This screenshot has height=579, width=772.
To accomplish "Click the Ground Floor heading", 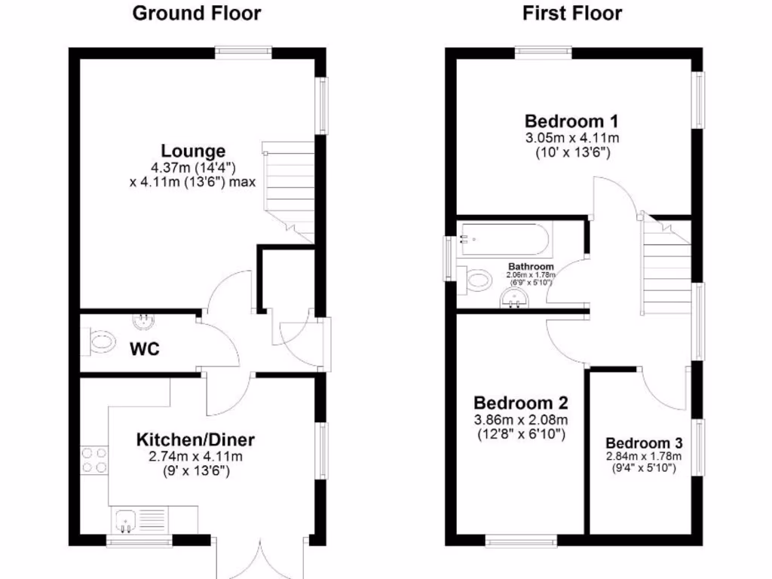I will [x=197, y=14].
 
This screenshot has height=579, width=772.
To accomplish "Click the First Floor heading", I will [x=572, y=14].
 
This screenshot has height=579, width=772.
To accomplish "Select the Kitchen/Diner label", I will [x=195, y=440].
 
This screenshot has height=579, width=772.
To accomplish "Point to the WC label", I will [x=143, y=350].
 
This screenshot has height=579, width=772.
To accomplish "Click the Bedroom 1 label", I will [x=571, y=121].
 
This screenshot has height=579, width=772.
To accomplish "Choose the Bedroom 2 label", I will [x=521, y=403].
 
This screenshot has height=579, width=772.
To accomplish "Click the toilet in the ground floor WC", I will [x=99, y=342].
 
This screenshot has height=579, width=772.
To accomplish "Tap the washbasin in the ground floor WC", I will [x=142, y=322].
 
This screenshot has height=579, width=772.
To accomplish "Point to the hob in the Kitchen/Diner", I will [x=94, y=460].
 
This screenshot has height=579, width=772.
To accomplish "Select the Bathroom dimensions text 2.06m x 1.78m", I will [x=531, y=274].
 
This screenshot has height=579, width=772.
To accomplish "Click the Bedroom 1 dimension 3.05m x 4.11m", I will [x=571, y=138].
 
